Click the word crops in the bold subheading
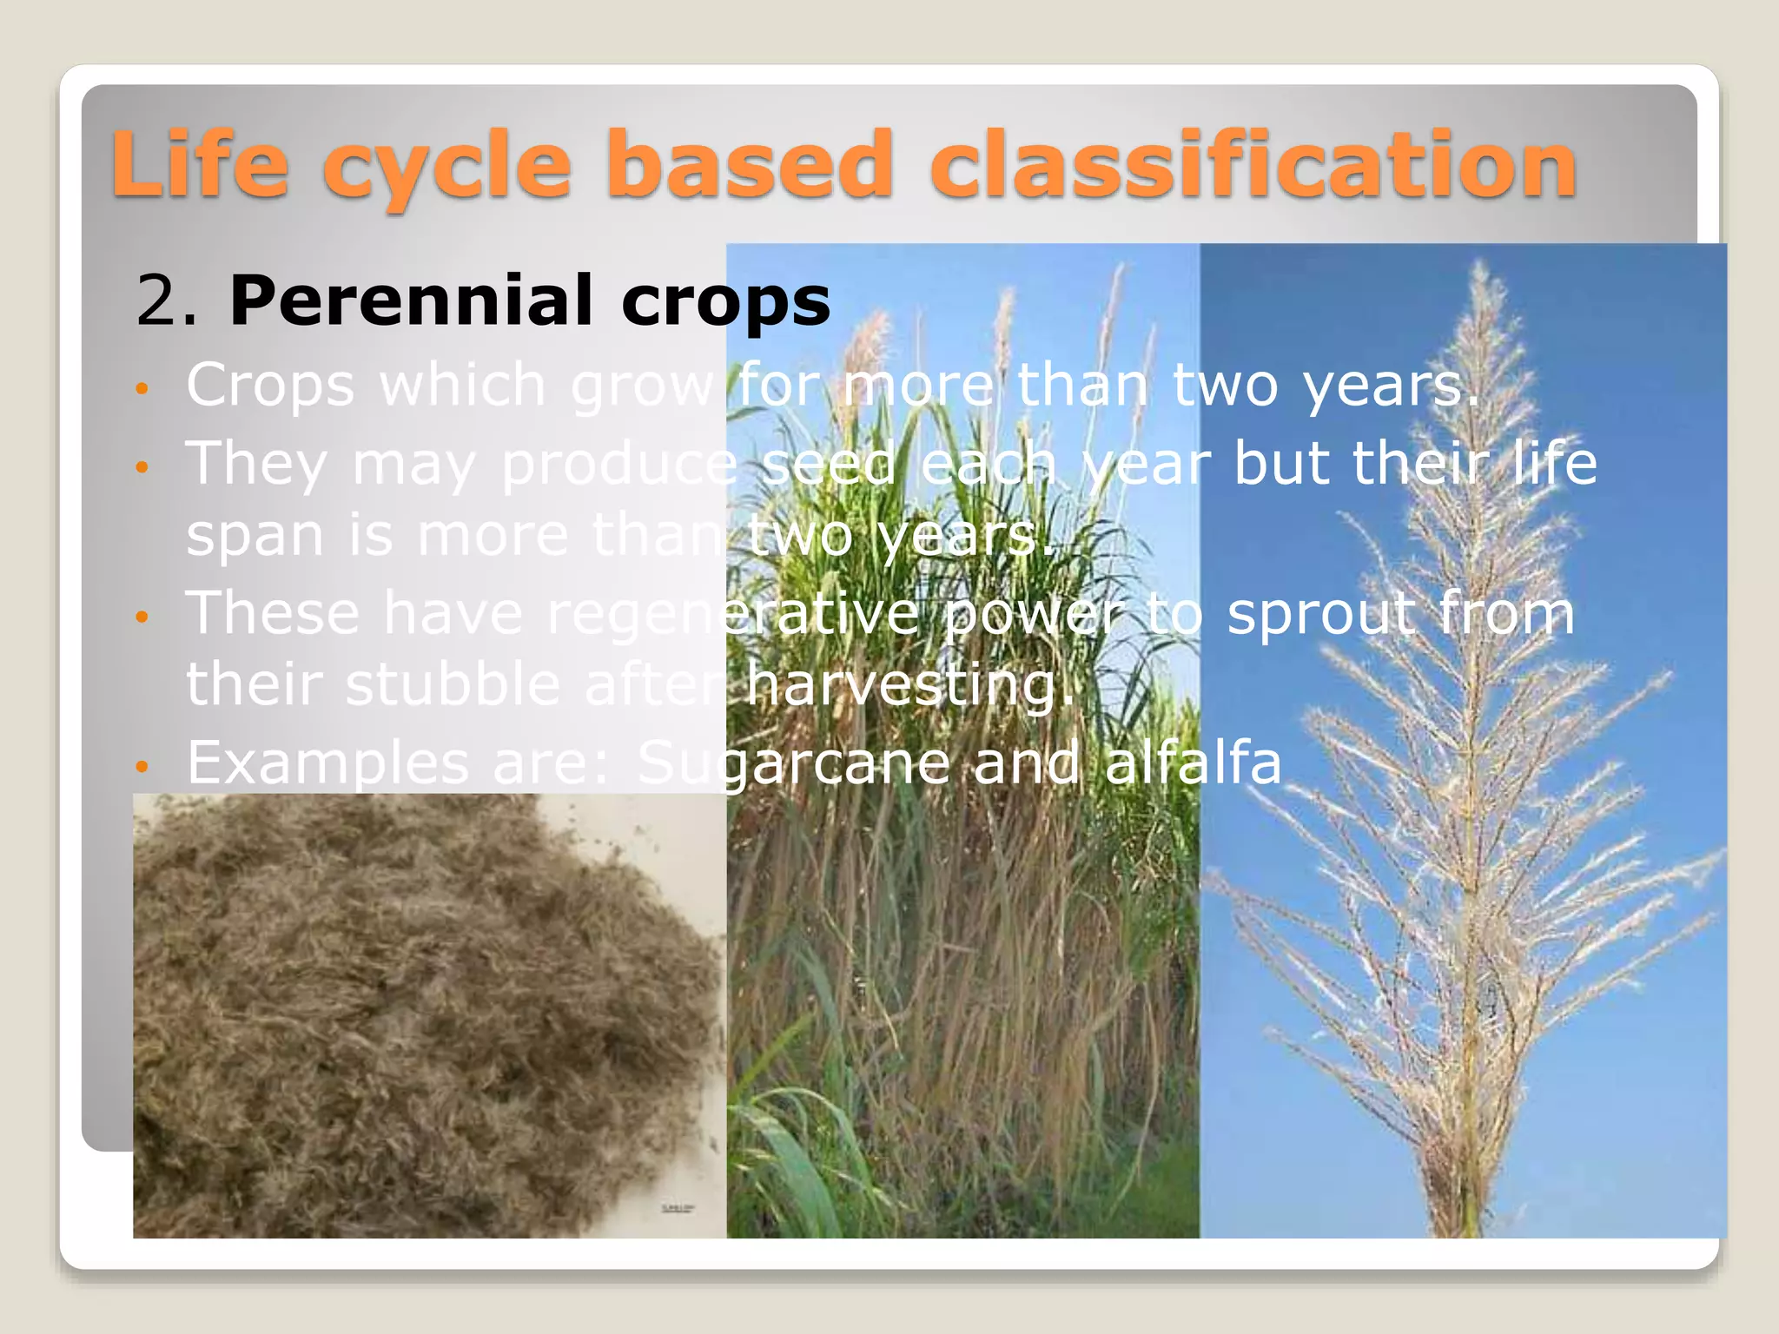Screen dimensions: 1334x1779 click(x=725, y=300)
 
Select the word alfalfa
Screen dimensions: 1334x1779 click(x=1192, y=763)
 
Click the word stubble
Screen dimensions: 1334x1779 click(x=453, y=684)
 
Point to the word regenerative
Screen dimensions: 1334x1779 click(x=732, y=613)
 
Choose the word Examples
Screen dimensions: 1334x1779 click(x=327, y=763)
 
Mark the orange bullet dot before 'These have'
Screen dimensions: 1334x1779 click(x=143, y=617)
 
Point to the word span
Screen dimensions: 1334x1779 click(x=255, y=535)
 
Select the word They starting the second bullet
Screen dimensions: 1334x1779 click(x=257, y=463)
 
